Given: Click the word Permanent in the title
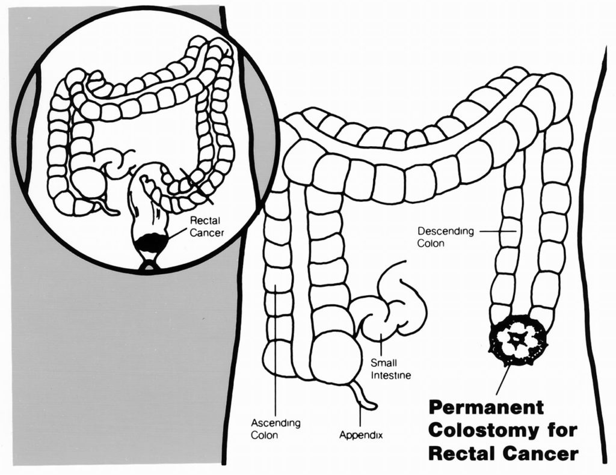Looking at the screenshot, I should (486, 407).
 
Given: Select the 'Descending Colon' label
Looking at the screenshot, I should (437, 237).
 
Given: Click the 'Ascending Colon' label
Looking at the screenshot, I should (275, 429).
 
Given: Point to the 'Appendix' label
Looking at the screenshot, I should (361, 435).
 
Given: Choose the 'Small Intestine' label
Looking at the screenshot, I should (390, 369).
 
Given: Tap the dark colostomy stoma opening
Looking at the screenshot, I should (517, 339).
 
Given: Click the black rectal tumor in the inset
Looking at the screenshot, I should (150, 244).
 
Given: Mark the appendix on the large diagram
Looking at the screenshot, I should (363, 397).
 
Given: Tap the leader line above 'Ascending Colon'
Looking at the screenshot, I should (275, 349).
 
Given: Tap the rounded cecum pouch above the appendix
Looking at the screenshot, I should (334, 358).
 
